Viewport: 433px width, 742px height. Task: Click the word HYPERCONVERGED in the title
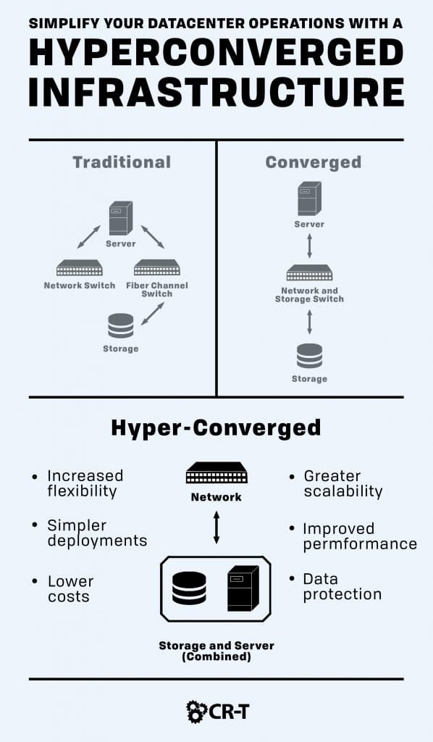pos(216,52)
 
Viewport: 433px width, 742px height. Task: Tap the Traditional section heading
pos(122,162)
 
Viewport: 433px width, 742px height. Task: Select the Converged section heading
pos(314,162)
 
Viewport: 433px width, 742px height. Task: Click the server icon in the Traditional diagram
pos(121,218)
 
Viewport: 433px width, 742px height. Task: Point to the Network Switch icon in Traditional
pos(80,268)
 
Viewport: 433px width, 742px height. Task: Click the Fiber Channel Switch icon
pos(157,268)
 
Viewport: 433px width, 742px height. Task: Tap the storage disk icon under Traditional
pos(120,325)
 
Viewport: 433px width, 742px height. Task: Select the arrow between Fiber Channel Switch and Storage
pos(153,314)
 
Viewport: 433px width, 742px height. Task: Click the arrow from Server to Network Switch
pos(89,237)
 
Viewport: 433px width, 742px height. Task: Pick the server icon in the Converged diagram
pos(310,199)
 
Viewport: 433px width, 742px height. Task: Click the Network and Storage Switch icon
pos(310,273)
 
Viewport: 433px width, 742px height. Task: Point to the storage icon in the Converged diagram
pos(310,356)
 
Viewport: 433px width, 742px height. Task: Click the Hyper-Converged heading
pos(216,428)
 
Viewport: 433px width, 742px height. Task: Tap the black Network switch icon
pos(216,472)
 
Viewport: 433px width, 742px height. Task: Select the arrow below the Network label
pos(216,527)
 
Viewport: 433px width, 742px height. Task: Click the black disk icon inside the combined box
pos(189,588)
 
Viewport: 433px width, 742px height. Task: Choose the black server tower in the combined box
pos(243,588)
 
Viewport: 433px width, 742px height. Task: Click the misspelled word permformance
pos(360,544)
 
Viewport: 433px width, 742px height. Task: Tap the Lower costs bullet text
pos(70,588)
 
